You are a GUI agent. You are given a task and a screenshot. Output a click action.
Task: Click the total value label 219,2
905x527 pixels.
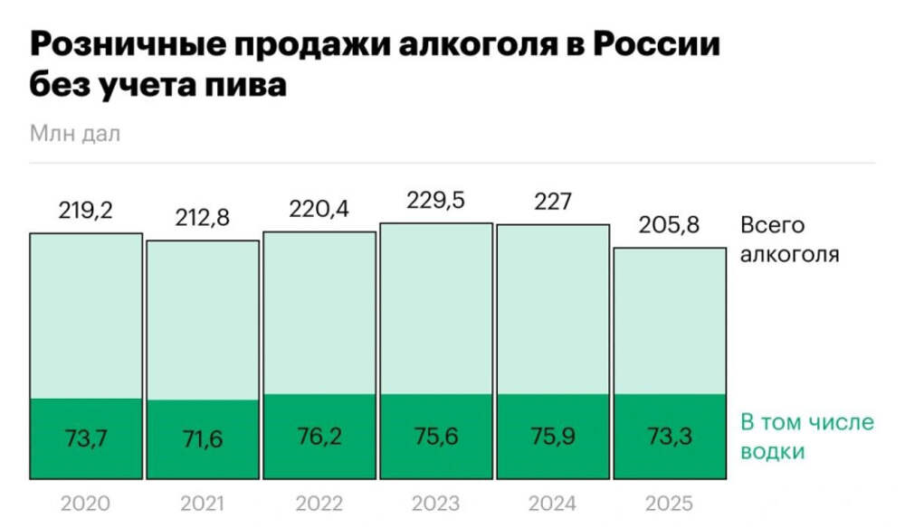pyautogui.click(x=86, y=211)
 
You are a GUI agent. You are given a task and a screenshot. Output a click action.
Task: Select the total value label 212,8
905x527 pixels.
pyautogui.click(x=202, y=219)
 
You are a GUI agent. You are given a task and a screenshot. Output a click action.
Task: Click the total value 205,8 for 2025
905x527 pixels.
pyautogui.click(x=670, y=226)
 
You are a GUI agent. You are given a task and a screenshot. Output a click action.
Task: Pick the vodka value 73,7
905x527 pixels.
pyautogui.click(x=86, y=439)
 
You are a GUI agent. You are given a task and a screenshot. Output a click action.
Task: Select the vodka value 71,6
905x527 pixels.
pyautogui.click(x=202, y=440)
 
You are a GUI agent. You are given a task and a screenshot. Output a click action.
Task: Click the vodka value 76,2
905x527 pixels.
pyautogui.click(x=319, y=437)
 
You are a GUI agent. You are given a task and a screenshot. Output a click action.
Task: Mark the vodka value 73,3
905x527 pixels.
pyautogui.click(x=670, y=438)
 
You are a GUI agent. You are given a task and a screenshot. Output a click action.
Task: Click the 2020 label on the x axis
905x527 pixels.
pyautogui.click(x=85, y=503)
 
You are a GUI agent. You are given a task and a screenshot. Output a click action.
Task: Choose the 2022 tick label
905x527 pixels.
pyautogui.click(x=319, y=503)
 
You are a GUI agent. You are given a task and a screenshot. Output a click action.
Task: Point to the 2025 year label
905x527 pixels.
pyautogui.click(x=669, y=503)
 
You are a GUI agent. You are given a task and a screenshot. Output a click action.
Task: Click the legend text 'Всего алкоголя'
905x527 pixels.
pyautogui.click(x=789, y=240)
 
